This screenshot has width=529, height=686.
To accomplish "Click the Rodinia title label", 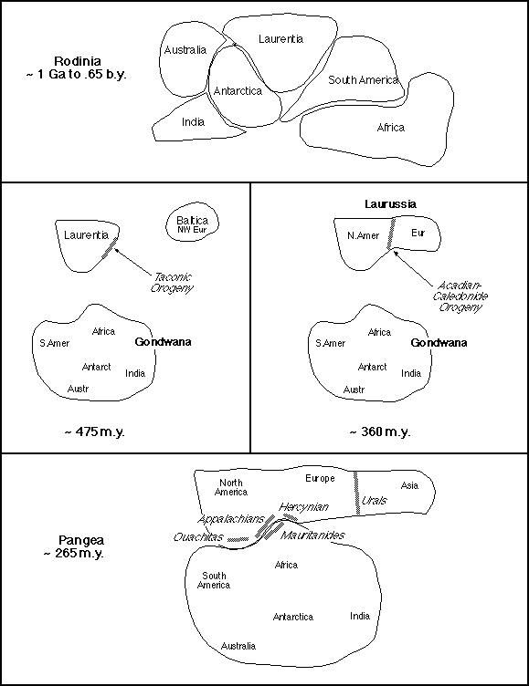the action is click(x=77, y=68).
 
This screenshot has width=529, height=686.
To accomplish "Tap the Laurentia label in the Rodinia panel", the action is click(x=280, y=39).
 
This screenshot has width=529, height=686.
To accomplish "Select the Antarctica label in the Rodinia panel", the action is click(x=238, y=91).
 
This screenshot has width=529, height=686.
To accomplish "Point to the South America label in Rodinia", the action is click(x=363, y=79).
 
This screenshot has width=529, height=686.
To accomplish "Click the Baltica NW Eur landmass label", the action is click(x=192, y=224).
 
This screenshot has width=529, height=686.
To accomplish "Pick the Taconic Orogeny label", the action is click(x=172, y=283).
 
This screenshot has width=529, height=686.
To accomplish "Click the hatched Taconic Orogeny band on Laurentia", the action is click(x=110, y=247).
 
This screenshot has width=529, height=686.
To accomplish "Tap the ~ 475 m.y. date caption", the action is click(x=95, y=431).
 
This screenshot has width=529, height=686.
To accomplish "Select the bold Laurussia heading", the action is click(x=390, y=203).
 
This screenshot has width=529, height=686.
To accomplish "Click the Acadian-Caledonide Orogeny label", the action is click(x=460, y=296).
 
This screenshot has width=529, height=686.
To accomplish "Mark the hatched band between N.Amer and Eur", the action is click(x=391, y=234).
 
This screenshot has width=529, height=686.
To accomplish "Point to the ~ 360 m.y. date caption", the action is click(x=380, y=431).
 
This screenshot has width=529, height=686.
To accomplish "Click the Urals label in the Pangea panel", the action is click(x=374, y=501).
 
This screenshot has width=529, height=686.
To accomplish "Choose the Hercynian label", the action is click(x=303, y=507).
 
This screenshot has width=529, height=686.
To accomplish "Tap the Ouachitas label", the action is click(x=198, y=536).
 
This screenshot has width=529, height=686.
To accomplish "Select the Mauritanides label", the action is click(x=312, y=535).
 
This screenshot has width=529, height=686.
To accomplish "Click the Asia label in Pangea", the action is click(x=409, y=485).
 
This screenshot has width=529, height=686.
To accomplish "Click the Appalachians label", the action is click(x=230, y=519).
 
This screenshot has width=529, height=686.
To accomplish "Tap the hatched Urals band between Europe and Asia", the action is click(x=356, y=493).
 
